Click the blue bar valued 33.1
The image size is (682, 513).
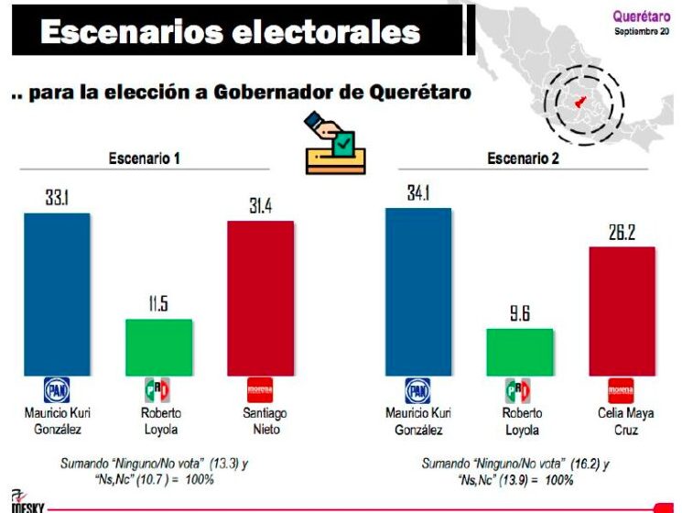[x=57, y=293]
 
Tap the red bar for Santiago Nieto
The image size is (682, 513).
[x=260, y=298]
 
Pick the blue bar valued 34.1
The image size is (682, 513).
[x=418, y=291]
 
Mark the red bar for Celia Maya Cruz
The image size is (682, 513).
[x=621, y=311]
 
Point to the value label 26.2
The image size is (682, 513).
[x=621, y=233]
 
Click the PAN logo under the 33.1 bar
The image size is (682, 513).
[x=57, y=390]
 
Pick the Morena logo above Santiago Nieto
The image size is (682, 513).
[x=260, y=390]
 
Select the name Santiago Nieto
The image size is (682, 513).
[x=260, y=420]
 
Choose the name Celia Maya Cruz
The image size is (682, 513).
[x=621, y=420]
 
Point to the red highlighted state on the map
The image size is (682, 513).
[x=579, y=104]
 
